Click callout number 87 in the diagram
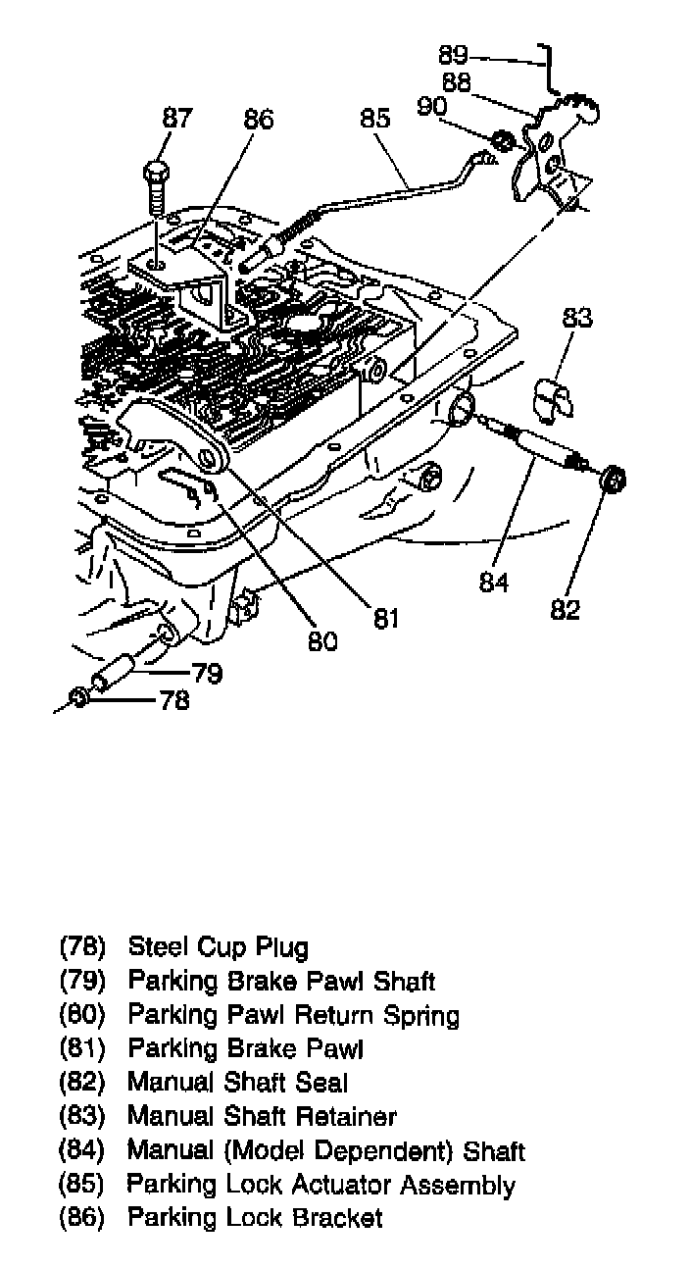point(176,119)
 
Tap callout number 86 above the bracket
point(258,120)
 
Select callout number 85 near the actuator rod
point(375,119)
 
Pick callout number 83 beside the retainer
point(577,318)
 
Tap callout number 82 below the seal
point(566,610)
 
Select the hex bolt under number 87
point(156,186)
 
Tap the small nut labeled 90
point(500,140)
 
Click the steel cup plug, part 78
point(79,699)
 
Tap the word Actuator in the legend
point(341,1184)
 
